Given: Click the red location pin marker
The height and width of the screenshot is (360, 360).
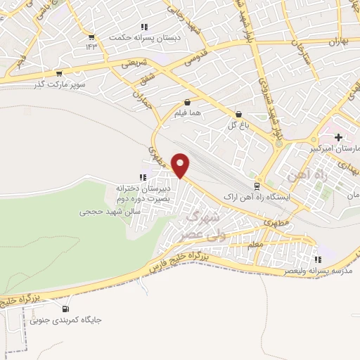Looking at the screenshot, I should point(181,166).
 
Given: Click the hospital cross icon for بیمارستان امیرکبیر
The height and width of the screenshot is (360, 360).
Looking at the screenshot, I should point(339,136).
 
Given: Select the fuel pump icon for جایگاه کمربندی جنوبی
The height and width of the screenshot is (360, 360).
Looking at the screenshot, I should point(66,308).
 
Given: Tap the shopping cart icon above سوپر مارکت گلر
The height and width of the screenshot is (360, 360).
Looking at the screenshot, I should point(58,73).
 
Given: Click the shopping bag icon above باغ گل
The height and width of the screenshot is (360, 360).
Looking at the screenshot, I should point(238,114).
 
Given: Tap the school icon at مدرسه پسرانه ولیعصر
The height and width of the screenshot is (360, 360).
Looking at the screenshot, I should point(319,259).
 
